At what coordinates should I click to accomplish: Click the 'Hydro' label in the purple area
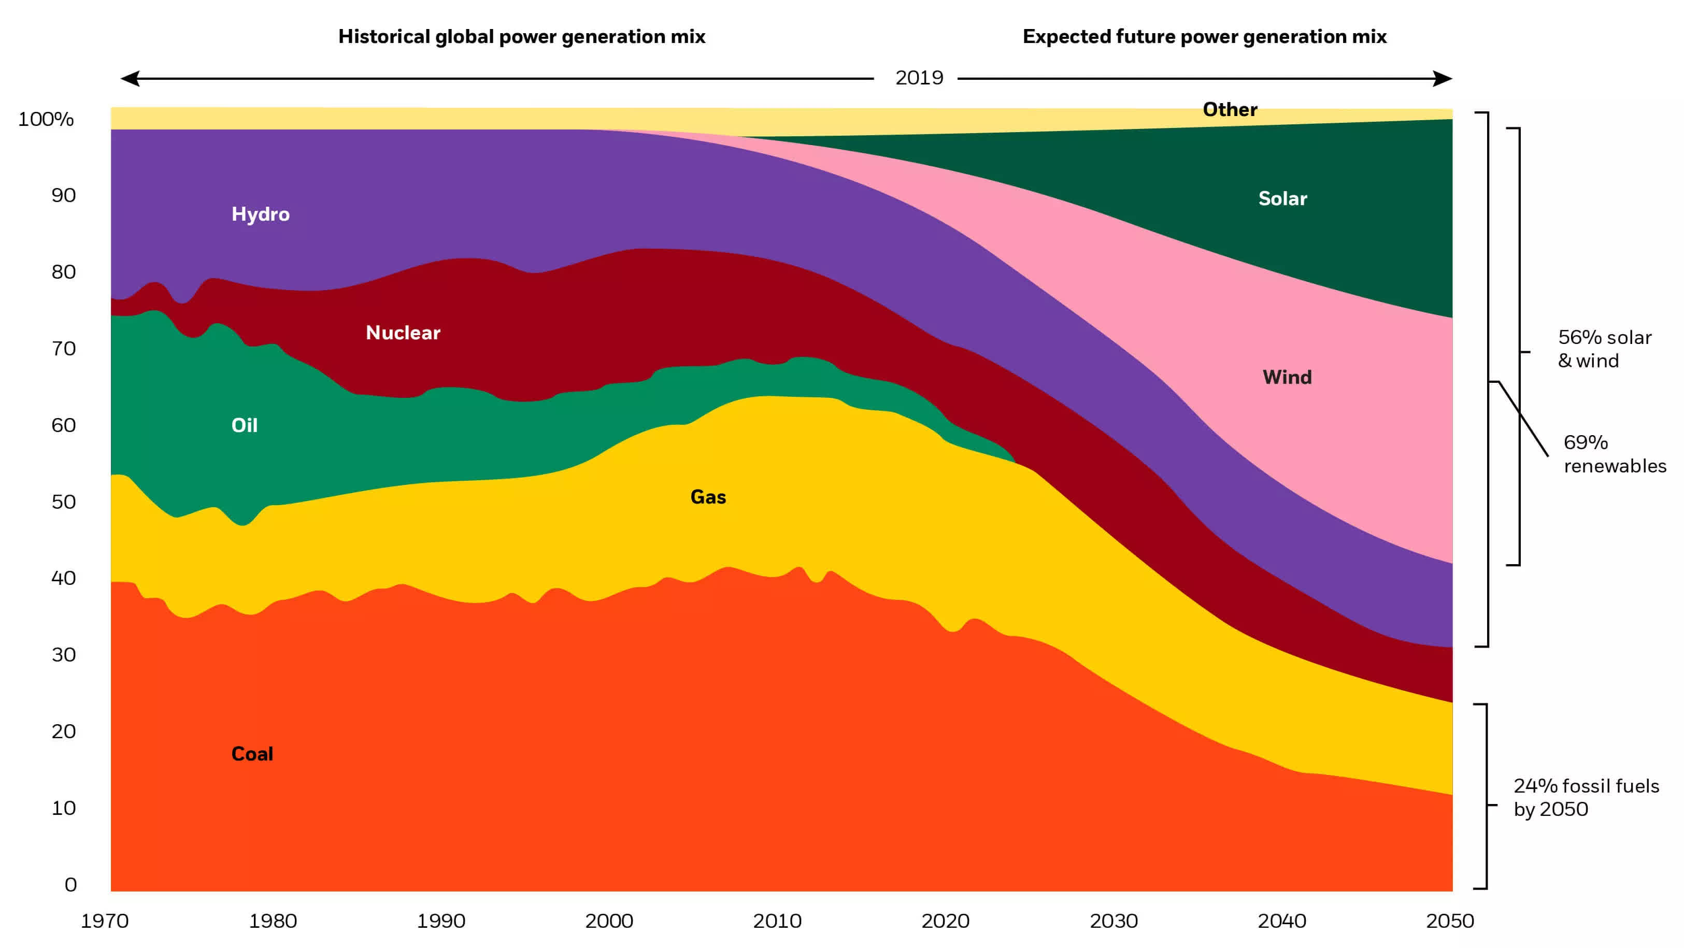(x=260, y=214)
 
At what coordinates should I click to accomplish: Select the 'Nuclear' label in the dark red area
(x=403, y=332)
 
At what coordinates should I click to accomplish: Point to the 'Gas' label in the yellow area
(x=708, y=497)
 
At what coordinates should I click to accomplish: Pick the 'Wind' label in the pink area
(x=1287, y=377)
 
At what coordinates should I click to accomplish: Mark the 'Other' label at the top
(x=1230, y=109)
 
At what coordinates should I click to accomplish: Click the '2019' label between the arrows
(x=919, y=78)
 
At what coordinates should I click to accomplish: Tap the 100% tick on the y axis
(x=46, y=119)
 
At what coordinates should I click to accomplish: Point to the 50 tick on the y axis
(x=63, y=501)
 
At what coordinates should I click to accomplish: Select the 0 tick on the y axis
(x=70, y=885)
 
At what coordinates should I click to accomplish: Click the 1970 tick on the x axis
(x=105, y=921)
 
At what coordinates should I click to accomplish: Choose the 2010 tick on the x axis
(x=777, y=921)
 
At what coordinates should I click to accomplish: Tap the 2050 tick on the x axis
(x=1449, y=921)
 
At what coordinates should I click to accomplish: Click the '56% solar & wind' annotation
(x=1604, y=349)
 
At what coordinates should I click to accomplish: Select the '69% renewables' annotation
(x=1614, y=454)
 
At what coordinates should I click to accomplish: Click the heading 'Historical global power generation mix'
(x=521, y=37)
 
